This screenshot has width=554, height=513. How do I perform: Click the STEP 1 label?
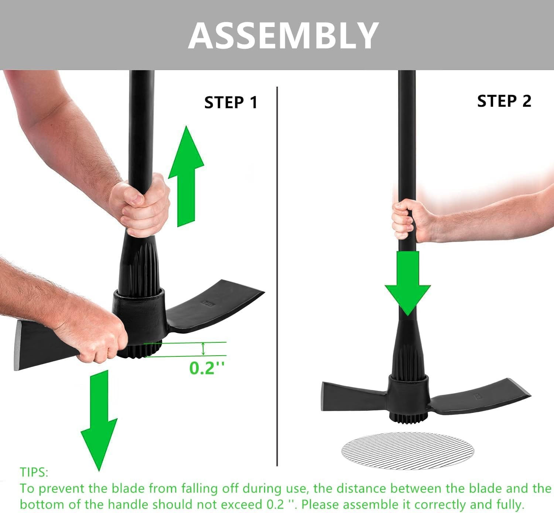click(x=231, y=103)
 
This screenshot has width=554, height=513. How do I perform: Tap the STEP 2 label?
click(x=504, y=101)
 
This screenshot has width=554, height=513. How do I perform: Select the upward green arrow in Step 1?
click(x=186, y=174)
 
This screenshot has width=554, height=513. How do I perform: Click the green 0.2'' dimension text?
click(x=206, y=368)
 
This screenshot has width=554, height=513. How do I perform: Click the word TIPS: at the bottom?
click(x=34, y=472)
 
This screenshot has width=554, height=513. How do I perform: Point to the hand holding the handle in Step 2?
click(x=404, y=220)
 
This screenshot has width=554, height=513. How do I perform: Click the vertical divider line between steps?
click(x=277, y=277)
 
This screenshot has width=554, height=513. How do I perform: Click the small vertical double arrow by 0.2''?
click(x=203, y=349)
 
